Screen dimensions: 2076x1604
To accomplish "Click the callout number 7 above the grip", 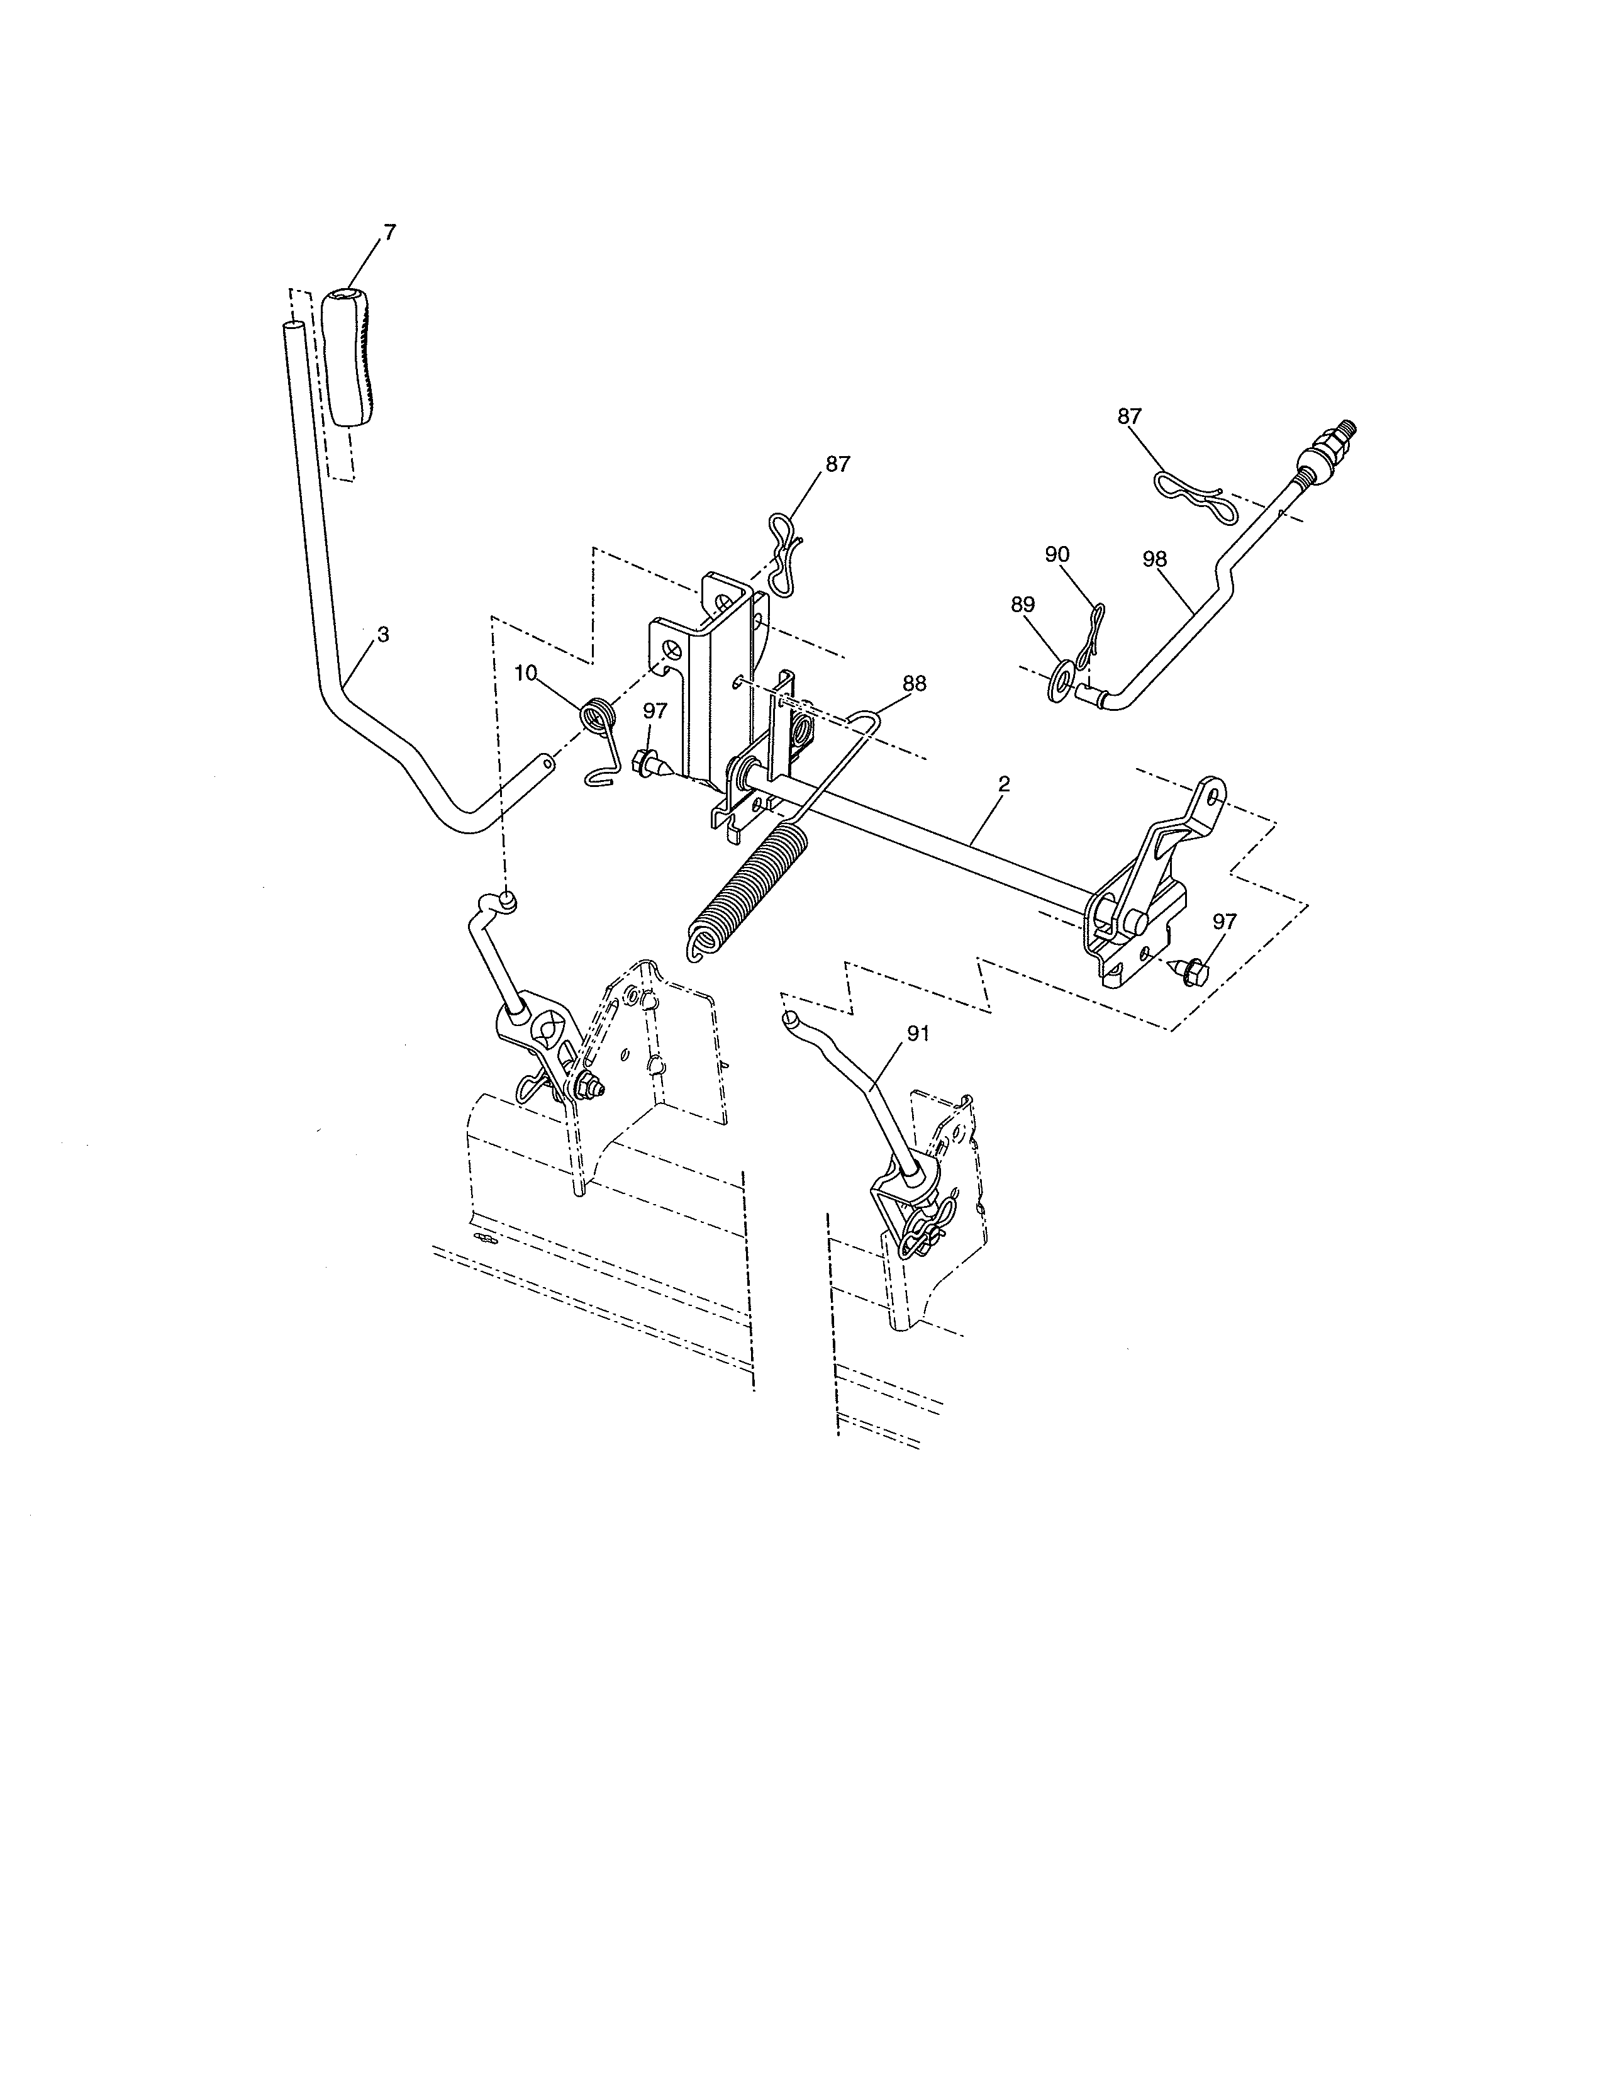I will pyautogui.click(x=389, y=232).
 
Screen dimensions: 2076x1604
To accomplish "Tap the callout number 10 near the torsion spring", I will pyautogui.click(x=525, y=673).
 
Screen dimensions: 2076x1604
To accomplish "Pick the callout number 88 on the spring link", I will pyautogui.click(x=914, y=683).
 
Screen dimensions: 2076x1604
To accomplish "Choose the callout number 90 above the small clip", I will pyautogui.click(x=1057, y=554).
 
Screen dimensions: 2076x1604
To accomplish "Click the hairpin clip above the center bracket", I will pyautogui.click(x=784, y=556).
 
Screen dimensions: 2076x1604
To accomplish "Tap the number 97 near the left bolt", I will pyautogui.click(x=655, y=710).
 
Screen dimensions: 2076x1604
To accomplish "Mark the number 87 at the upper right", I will pyautogui.click(x=1129, y=416).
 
